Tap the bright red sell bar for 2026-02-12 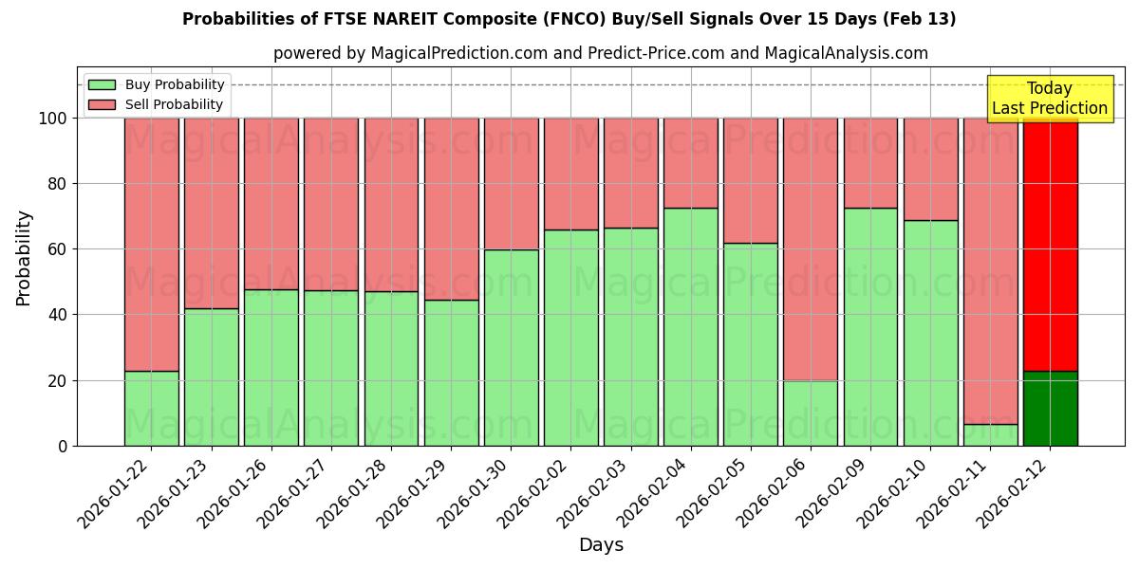click(1050, 244)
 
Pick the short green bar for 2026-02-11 click(990, 434)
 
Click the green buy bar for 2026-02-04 click(690, 326)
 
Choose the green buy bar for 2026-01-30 click(511, 347)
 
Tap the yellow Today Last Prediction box click(1049, 99)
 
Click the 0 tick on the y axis click(63, 446)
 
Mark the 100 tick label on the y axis click(53, 119)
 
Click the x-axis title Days click(601, 545)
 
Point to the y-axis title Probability click(24, 258)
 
